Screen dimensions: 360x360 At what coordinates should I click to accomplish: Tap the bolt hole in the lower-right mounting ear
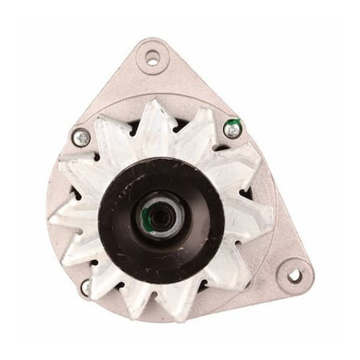tap(294, 275)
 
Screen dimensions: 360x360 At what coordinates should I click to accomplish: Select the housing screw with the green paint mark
tap(232, 130)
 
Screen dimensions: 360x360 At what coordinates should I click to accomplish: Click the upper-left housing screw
tap(81, 137)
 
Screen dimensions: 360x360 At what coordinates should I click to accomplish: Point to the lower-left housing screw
tap(86, 287)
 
